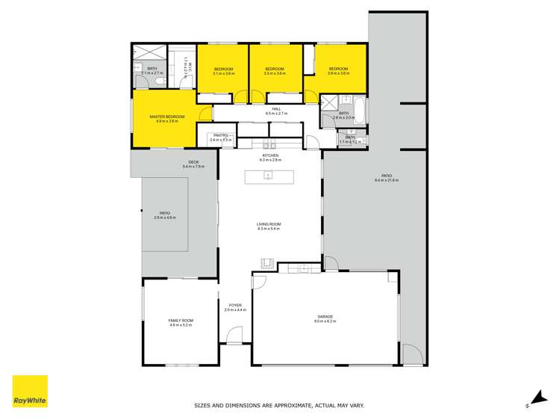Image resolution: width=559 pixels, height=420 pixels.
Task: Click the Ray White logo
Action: pyautogui.click(x=30, y=392)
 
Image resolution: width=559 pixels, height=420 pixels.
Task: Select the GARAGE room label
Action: pyautogui.click(x=325, y=318)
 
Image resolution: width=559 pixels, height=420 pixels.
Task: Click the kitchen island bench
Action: pyautogui.click(x=269, y=176)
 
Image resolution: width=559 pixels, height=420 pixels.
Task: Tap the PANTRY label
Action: pyautogui.click(x=200, y=137)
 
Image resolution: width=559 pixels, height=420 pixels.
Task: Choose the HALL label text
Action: pyautogui.click(x=276, y=109)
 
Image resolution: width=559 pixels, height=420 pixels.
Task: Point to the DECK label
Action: pyautogui.click(x=193, y=163)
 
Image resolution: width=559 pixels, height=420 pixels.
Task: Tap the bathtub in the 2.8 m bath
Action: pyautogui.click(x=360, y=111)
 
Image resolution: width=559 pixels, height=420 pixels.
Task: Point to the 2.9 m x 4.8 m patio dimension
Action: pyautogui.click(x=164, y=217)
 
